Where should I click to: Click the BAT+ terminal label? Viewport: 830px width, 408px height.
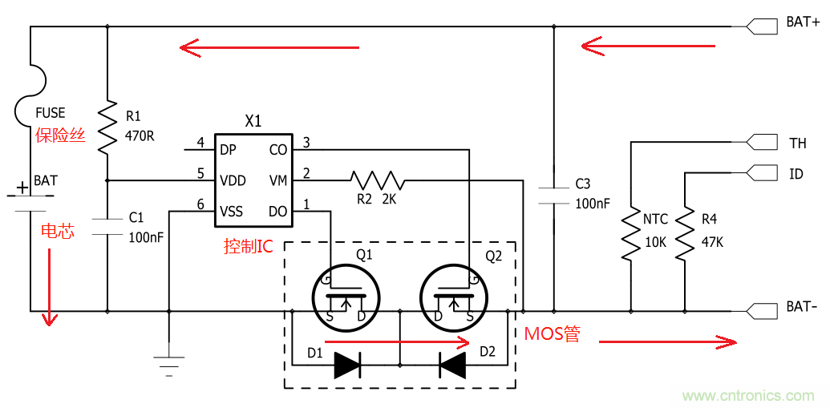802,22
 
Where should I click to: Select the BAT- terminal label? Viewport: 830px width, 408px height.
802,308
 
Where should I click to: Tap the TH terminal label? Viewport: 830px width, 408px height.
797,143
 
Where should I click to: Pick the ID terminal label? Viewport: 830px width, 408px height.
796,173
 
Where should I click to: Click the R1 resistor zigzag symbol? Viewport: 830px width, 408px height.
107,127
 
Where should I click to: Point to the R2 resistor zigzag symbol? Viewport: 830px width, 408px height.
377,180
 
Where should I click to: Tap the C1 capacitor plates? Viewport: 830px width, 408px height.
107,225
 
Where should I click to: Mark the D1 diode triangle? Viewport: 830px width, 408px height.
347,365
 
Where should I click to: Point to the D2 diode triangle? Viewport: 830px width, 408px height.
453,365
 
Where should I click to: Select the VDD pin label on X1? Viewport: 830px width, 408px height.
233,180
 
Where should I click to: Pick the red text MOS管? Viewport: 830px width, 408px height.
552,334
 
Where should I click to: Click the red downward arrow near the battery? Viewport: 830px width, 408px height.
50,289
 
